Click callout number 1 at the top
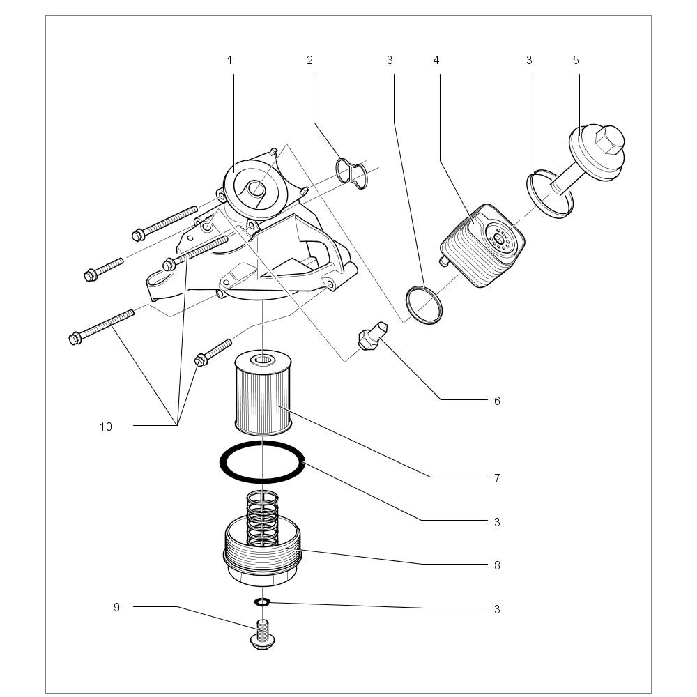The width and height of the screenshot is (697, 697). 229,61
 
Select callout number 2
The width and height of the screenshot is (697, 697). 309,61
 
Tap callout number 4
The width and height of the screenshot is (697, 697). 436,61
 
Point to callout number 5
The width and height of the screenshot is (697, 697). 576,61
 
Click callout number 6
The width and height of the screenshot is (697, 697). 497,401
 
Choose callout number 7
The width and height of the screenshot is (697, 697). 497,478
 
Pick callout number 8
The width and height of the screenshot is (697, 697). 497,565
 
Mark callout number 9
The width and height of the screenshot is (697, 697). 116,607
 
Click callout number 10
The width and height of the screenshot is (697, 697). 105,427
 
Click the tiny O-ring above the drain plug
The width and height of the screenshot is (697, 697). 262,602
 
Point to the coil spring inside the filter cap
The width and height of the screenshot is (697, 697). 263,516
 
